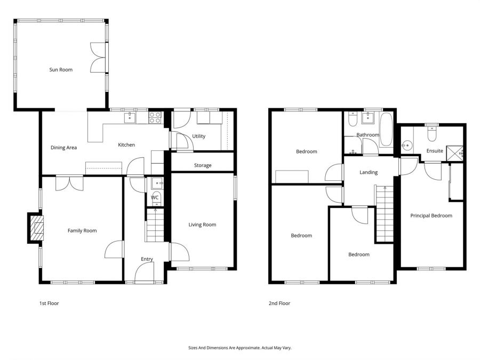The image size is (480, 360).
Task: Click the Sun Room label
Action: point(61,70)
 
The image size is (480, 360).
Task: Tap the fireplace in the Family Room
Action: point(36,228)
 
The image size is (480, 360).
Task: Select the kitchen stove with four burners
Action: point(155,117)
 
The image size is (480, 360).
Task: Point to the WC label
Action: point(155,197)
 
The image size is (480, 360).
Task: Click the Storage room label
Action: point(203,165)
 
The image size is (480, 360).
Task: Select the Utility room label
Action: point(199,137)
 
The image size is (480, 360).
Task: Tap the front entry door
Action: point(145,274)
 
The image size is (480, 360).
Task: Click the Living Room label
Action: point(202,225)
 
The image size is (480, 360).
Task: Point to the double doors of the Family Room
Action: point(69,183)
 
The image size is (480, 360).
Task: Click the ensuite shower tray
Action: point(455,153)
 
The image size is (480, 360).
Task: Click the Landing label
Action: point(369,172)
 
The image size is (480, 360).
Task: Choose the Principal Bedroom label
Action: point(431,216)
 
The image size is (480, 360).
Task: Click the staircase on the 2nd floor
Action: point(385,213)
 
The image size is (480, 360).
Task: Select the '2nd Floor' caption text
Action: point(279,303)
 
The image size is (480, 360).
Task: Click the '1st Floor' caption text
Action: point(49,303)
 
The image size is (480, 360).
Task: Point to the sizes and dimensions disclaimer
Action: point(239,348)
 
